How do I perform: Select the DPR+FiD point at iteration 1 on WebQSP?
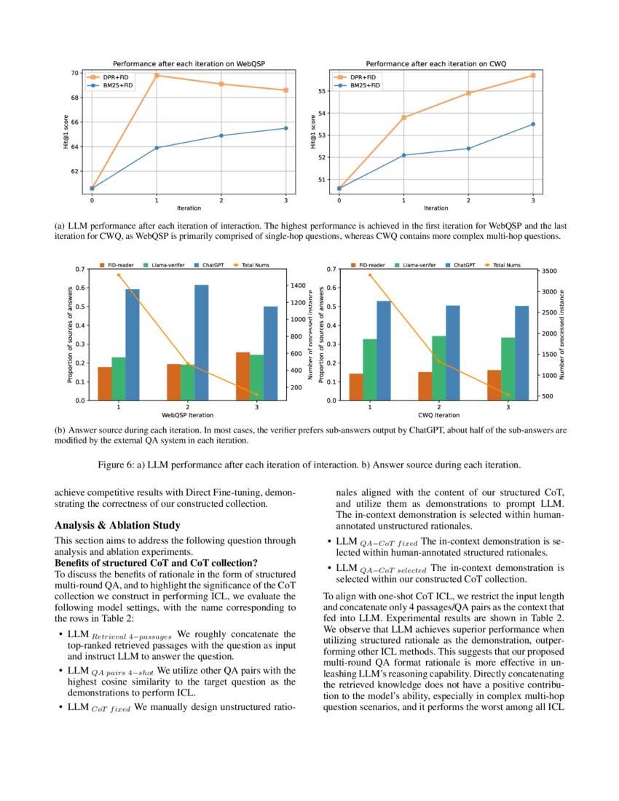pos(157,76)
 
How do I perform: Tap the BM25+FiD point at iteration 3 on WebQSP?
pos(285,128)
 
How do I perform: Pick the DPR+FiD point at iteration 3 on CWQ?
pos(533,75)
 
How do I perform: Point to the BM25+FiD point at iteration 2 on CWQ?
pos(468,149)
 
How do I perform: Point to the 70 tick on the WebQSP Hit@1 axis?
pos(75,73)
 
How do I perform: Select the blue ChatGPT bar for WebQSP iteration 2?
pos(201,342)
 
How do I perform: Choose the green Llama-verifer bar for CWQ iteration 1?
pos(370,369)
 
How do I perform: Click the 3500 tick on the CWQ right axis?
pos(550,271)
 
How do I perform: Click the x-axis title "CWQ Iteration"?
pos(439,415)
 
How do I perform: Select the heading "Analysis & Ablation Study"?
pos(117,525)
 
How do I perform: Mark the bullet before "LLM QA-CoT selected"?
pos(328,567)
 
